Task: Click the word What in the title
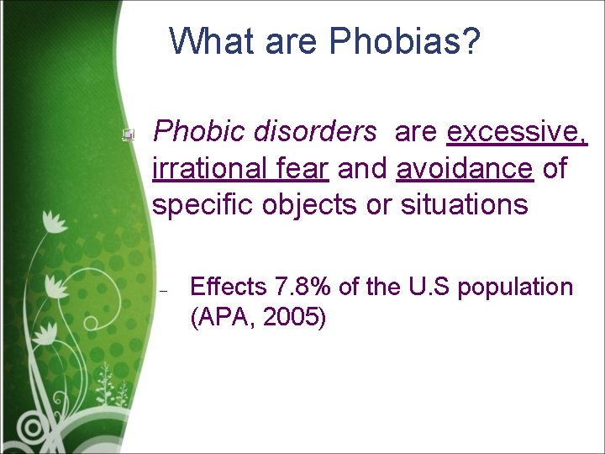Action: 206,40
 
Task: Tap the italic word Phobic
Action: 194,132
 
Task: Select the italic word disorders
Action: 307,132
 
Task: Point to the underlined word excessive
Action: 516,133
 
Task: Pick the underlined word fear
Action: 304,168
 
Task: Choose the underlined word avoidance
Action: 464,168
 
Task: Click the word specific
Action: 203,204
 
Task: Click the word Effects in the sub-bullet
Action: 228,288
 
